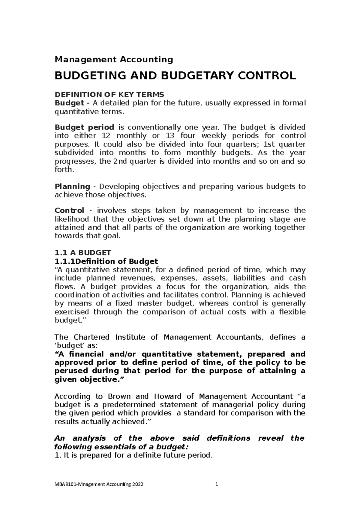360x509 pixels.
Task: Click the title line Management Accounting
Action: (114, 59)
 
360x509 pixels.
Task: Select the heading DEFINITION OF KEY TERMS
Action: (109, 95)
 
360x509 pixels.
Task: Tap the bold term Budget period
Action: (84, 127)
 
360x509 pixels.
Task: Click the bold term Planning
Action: (72, 186)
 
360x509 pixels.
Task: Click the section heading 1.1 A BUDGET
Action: (83, 252)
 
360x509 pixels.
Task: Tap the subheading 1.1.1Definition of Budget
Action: (106, 261)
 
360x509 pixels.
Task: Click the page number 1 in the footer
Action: (216, 484)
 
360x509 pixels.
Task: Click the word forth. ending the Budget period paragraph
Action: (64, 170)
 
